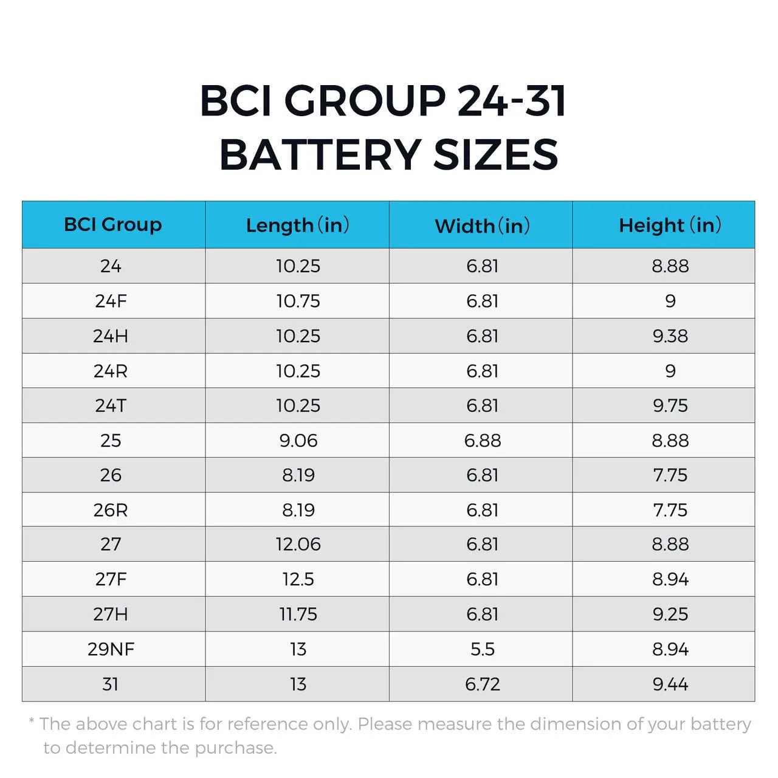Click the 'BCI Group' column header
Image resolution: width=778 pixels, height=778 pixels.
(113, 224)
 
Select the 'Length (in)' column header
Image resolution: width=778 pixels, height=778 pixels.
(297, 225)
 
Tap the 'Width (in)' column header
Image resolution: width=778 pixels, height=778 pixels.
(482, 225)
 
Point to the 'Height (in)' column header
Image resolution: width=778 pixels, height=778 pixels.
(670, 225)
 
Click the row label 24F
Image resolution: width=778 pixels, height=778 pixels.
(111, 301)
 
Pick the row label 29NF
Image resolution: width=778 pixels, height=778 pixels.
(111, 649)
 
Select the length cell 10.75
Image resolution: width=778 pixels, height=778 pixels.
(298, 301)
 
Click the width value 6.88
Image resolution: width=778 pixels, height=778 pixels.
(483, 440)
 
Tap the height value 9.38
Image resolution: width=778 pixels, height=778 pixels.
(670, 336)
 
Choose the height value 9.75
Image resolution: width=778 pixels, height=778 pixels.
(670, 405)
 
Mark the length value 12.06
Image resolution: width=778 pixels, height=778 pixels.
(298, 544)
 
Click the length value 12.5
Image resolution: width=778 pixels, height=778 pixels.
(298, 579)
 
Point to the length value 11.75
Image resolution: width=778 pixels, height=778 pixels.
(298, 614)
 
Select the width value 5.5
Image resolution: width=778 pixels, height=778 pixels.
(483, 649)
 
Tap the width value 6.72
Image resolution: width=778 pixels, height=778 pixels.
(483, 684)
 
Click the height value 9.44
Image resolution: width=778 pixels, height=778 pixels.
(670, 684)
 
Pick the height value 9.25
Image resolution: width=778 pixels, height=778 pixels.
(670, 614)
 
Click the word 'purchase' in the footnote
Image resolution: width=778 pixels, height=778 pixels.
(234, 748)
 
